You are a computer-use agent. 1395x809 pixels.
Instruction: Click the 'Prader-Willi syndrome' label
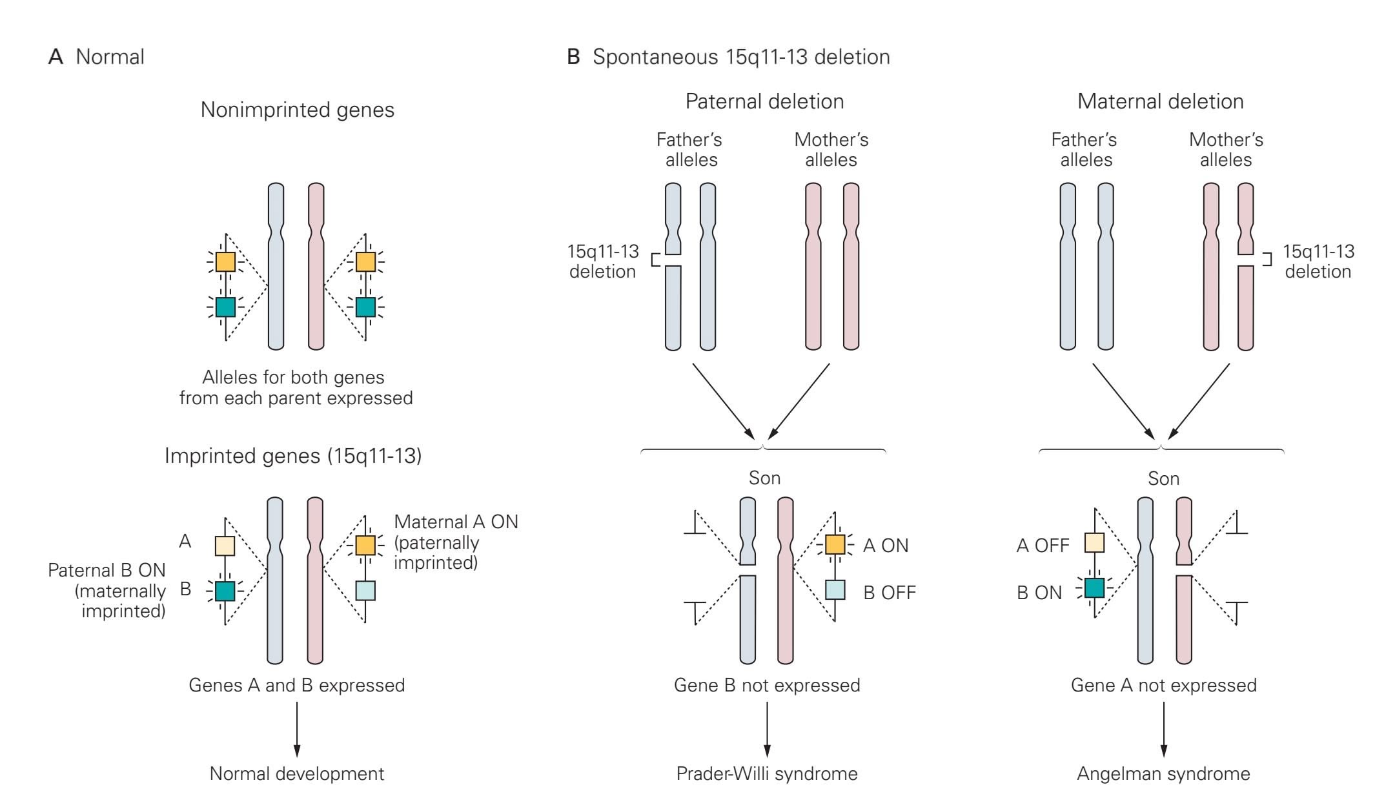point(766,773)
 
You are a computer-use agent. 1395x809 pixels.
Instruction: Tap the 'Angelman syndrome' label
point(1163,773)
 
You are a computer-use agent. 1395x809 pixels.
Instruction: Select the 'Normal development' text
point(297,773)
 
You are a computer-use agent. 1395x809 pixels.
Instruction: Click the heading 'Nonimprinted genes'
point(298,110)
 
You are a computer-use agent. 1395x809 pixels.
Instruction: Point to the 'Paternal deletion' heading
point(764,101)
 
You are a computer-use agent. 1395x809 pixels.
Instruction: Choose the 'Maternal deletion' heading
point(1160,101)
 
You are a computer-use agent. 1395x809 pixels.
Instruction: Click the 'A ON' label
point(886,546)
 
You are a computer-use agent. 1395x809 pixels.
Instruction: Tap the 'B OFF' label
point(890,593)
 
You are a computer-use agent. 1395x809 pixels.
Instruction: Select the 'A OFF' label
point(1043,546)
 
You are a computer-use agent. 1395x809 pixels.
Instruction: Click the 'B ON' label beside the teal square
point(1039,593)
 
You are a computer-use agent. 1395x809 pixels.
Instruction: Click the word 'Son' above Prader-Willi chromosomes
point(764,478)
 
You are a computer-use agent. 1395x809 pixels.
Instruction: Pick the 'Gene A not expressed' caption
point(1163,685)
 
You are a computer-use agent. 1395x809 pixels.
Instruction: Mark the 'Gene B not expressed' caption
point(766,685)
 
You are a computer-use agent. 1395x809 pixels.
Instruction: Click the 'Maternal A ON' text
point(456,522)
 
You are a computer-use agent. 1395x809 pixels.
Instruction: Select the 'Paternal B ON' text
point(107,570)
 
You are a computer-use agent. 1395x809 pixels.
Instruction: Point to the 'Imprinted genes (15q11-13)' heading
point(293,456)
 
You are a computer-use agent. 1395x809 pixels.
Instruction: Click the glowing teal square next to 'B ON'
point(1094,588)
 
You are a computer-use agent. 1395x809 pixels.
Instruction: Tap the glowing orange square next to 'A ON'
point(835,544)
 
